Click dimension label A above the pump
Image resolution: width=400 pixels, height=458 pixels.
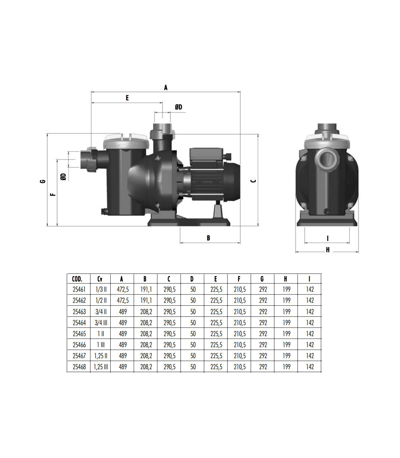166,87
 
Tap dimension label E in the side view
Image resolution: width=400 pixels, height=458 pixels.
127,98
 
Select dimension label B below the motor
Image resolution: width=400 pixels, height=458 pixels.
208,238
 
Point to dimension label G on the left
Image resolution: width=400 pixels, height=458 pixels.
43,181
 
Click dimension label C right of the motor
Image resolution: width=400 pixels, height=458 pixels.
253,181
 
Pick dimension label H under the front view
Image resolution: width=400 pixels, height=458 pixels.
328,250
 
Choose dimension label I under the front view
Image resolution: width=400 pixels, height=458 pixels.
328,238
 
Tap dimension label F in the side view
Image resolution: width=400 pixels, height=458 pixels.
53,195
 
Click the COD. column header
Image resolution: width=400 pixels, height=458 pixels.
77,279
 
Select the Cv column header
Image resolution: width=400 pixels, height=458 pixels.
100,279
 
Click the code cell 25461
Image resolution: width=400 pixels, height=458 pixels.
79,289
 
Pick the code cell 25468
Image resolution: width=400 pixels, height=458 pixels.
79,367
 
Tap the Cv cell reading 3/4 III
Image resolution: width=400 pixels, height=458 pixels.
101,322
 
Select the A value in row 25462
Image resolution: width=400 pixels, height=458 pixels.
123,300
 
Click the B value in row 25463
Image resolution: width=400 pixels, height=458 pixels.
146,311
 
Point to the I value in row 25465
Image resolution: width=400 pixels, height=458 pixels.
310,333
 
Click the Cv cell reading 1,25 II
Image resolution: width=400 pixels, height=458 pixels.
101,356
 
